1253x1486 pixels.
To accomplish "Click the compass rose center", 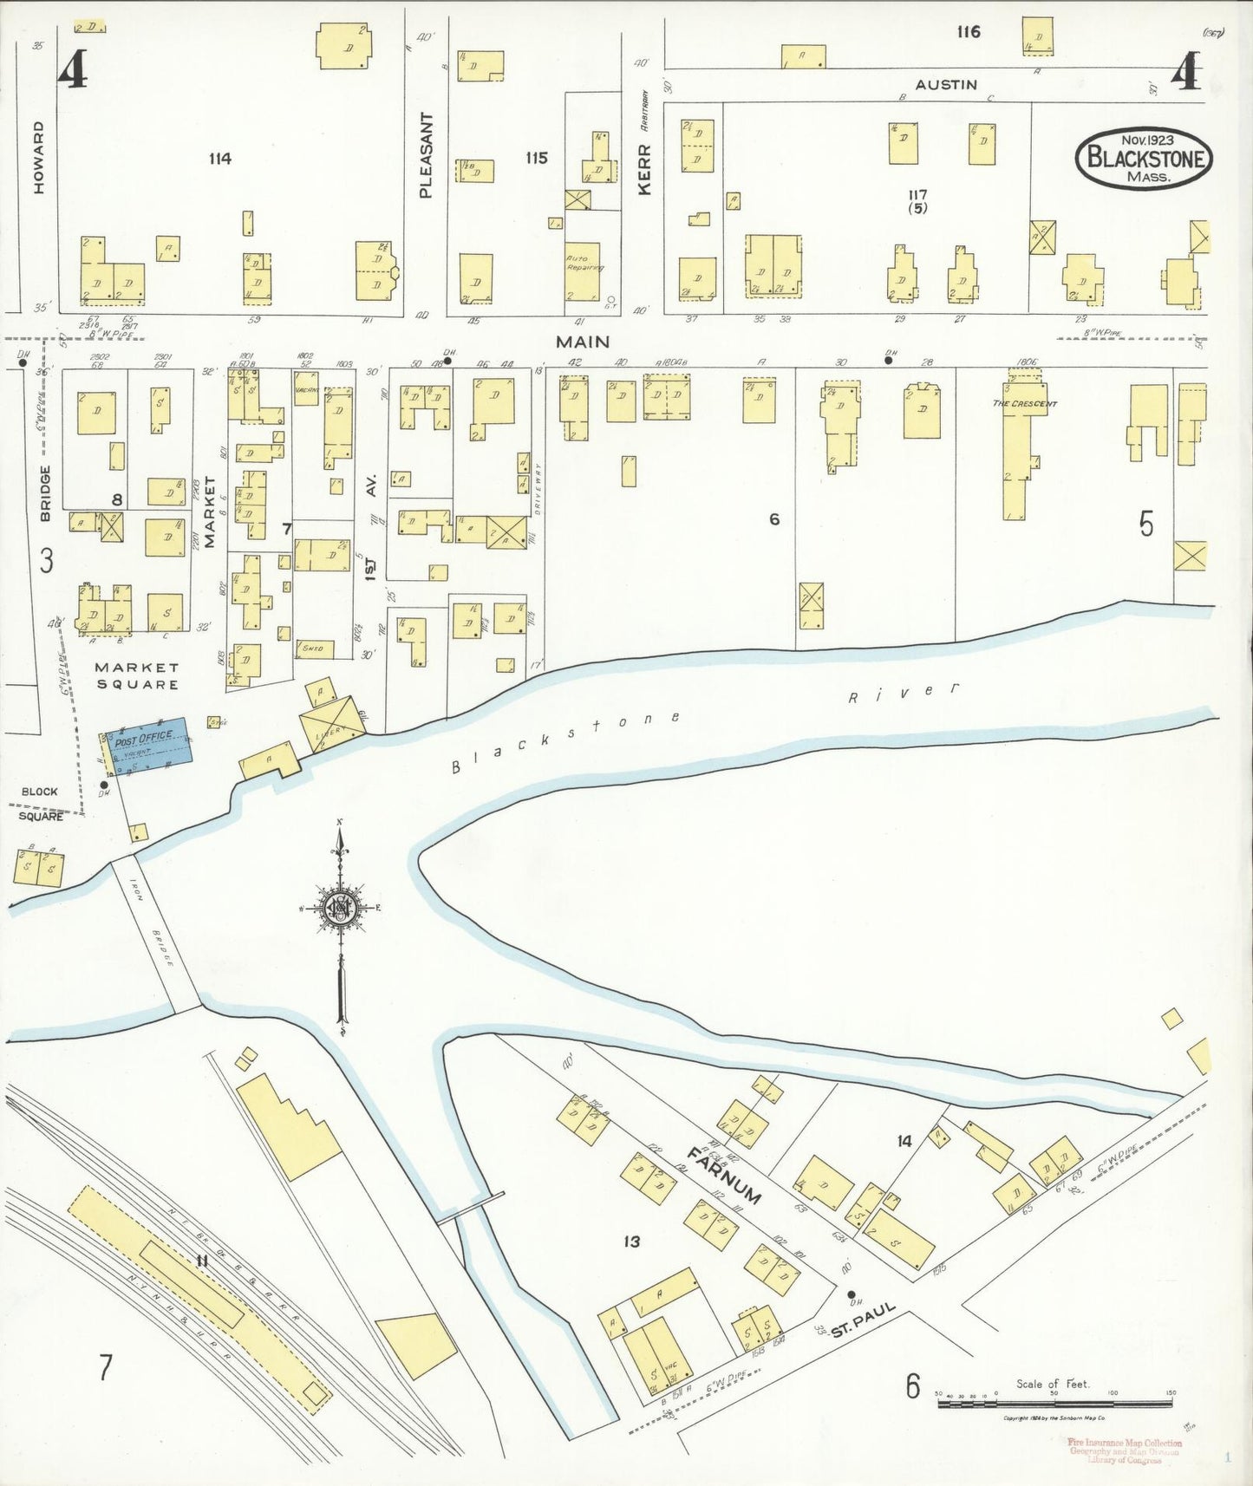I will coord(341,908).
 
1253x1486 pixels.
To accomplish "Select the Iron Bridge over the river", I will coord(155,935).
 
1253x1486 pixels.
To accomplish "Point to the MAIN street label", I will coord(583,342).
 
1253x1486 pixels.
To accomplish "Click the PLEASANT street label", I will coord(426,155).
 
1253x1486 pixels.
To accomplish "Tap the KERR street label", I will coord(643,169).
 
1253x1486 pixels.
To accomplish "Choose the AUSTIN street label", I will coord(946,84).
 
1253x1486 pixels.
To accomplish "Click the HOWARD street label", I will coord(38,157).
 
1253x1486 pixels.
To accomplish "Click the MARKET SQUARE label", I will coord(137,675).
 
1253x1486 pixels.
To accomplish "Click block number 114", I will coord(220,159).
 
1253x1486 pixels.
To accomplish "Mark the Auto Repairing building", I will coord(584,269).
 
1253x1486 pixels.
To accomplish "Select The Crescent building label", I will coord(1024,403).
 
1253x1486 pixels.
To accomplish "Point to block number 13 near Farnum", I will coord(631,1242).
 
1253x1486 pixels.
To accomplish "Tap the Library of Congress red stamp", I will coord(1124,1450).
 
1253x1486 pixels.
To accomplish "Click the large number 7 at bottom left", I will coord(105,1367).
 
